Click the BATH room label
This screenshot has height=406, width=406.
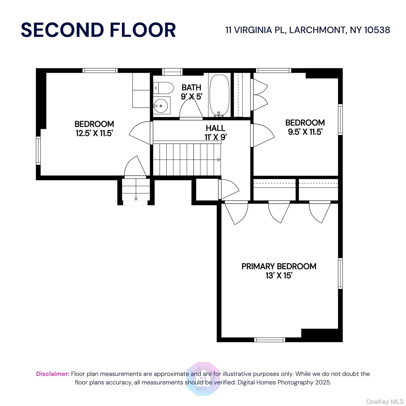point(191,87)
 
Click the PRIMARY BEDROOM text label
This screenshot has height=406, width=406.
point(279,266)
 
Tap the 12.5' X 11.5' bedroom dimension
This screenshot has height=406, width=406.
point(94,133)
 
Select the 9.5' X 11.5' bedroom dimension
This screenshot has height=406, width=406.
point(305,132)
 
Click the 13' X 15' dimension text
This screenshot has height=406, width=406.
point(279,276)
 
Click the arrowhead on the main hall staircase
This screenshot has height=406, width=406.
point(219,160)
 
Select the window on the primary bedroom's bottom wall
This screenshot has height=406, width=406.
point(270,340)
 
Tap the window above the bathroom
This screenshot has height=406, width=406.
point(172,72)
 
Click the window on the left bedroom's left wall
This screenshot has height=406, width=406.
point(38,150)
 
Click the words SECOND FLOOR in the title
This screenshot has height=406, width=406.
point(98,30)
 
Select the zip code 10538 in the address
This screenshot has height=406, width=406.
point(377,30)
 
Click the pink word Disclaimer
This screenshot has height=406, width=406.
point(53,374)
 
